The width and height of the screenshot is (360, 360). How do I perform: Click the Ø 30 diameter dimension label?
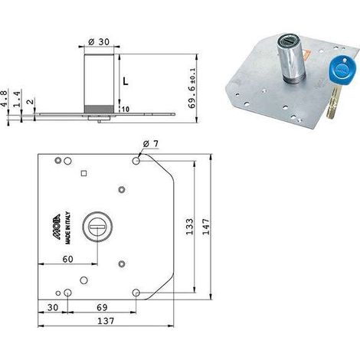(x=99, y=42)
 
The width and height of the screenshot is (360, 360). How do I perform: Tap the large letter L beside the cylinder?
(x=126, y=81)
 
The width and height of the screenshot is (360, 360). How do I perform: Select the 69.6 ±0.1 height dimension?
(x=192, y=87)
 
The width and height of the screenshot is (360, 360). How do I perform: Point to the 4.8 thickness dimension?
(x=4, y=98)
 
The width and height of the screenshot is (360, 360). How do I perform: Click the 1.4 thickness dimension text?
(x=16, y=99)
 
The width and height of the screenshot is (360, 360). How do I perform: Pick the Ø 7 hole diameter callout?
(x=151, y=144)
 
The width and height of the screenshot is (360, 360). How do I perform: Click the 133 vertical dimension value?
(x=189, y=227)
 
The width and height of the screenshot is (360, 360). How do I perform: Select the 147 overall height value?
(x=205, y=227)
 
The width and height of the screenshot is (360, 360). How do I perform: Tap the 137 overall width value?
(x=106, y=321)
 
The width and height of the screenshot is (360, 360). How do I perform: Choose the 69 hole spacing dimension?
(x=102, y=307)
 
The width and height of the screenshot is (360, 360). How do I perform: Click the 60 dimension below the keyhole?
(x=67, y=259)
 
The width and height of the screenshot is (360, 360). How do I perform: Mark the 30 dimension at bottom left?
(x=53, y=307)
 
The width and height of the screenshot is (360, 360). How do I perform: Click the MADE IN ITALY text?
(x=68, y=227)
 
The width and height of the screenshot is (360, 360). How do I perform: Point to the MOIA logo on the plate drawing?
(x=58, y=227)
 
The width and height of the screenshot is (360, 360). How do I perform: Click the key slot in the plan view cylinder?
(x=97, y=226)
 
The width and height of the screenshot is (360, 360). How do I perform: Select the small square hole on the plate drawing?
(x=83, y=174)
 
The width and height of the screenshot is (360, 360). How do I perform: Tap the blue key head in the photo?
(x=341, y=71)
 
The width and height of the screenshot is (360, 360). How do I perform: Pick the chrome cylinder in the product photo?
(x=291, y=58)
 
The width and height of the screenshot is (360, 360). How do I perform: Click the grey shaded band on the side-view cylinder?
(x=99, y=109)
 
